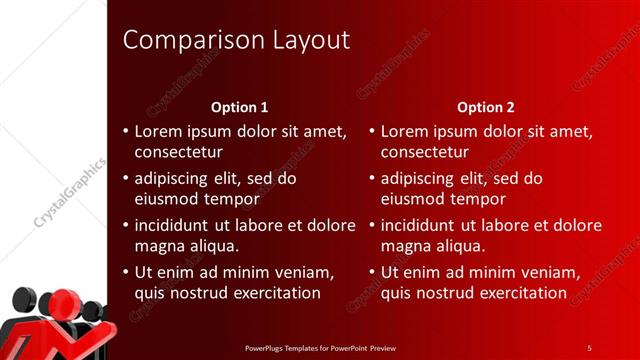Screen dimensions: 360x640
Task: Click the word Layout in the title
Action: pos(310,41)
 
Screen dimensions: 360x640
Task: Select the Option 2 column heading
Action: pos(486,107)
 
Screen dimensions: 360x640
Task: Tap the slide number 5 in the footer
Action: pos(590,347)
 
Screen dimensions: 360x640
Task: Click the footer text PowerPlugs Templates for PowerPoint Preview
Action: pos(319,347)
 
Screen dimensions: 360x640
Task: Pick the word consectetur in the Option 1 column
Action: pos(178,153)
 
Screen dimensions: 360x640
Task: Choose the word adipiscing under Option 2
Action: pos(422,179)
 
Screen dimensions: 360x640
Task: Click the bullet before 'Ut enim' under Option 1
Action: pos(124,272)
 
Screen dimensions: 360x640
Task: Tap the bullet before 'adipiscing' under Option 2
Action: pos(370,179)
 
